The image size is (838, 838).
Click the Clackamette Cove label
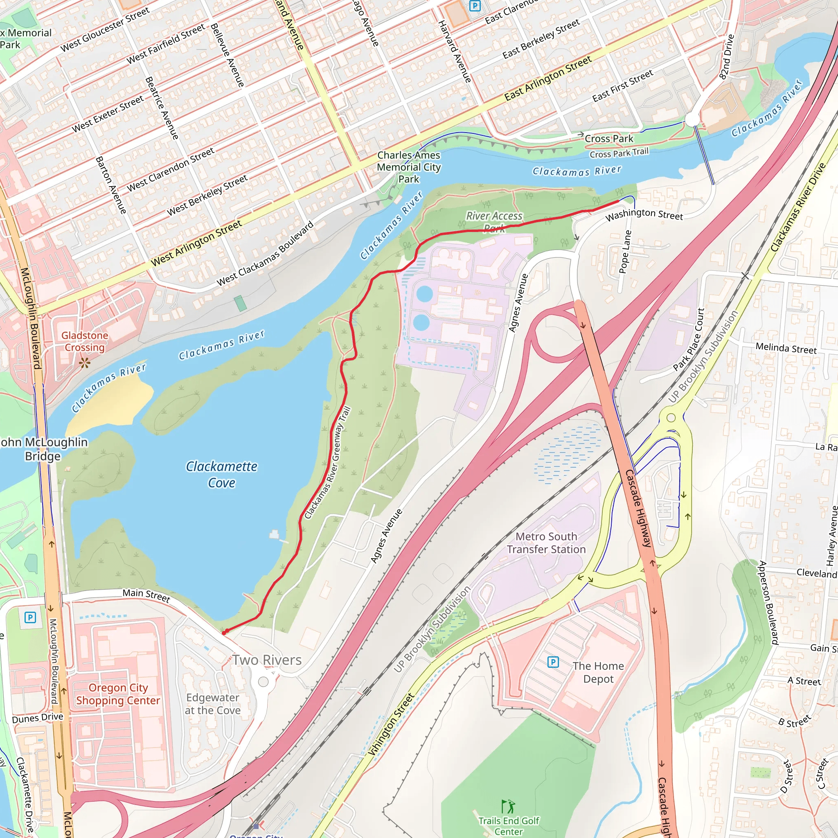point(222,475)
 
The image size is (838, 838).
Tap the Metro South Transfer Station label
point(546,543)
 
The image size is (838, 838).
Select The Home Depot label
point(598,672)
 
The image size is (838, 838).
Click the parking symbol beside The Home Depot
point(553,662)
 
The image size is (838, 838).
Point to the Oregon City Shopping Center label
point(118,694)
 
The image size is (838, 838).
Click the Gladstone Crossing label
point(85,341)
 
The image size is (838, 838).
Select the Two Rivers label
point(267,660)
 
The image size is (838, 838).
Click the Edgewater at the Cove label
point(212,703)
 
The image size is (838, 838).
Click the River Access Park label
point(494,221)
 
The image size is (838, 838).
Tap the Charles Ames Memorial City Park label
point(409,167)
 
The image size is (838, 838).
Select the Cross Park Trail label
point(619,153)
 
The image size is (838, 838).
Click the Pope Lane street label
point(625,252)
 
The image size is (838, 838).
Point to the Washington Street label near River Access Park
point(644,214)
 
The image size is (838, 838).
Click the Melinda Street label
point(786,348)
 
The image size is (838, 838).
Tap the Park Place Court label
point(689,340)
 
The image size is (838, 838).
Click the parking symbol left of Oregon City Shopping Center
point(30,617)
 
